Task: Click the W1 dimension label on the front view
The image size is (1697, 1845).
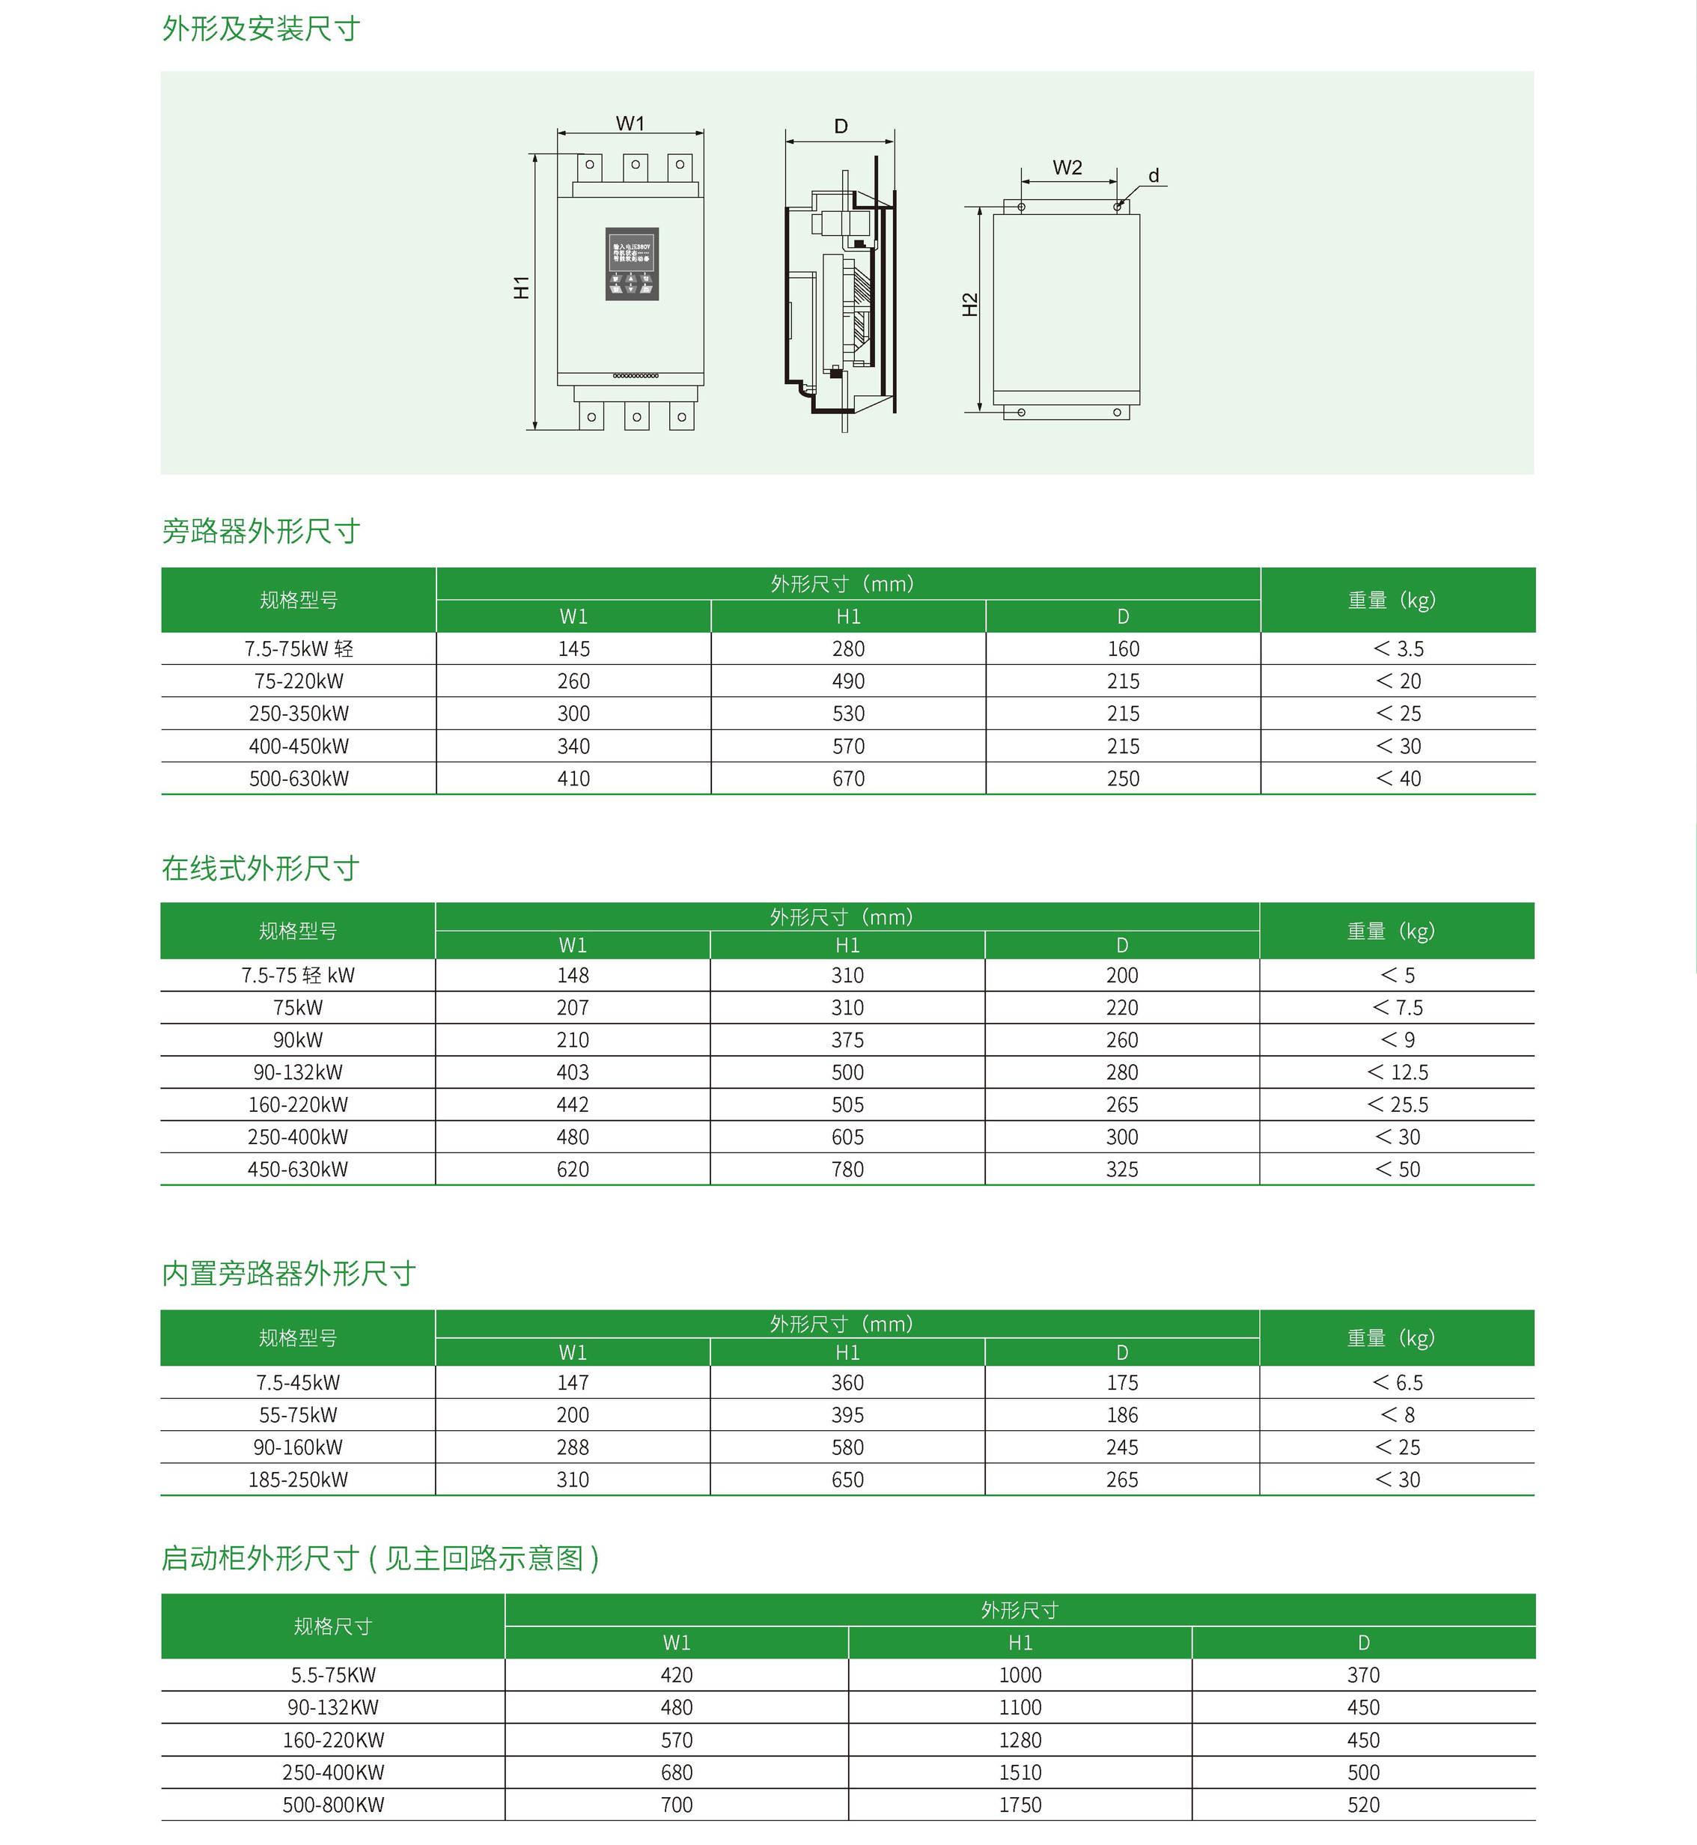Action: tap(630, 123)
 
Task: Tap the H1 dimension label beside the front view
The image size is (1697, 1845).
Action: tap(522, 288)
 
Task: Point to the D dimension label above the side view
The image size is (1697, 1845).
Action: tap(840, 126)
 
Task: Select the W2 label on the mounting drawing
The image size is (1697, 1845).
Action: tap(1067, 167)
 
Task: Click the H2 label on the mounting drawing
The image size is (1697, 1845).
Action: tap(969, 304)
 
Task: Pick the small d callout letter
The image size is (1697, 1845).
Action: tap(1154, 175)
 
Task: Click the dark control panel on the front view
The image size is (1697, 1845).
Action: tap(632, 264)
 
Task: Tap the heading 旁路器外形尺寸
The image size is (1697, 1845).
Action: tap(261, 531)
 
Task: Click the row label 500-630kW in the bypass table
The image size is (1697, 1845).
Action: tap(299, 779)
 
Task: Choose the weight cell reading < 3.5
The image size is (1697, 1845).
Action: tap(1398, 649)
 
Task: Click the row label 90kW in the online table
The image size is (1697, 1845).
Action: tap(297, 1039)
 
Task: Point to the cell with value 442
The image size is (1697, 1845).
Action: tap(572, 1104)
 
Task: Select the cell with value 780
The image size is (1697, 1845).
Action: tap(847, 1169)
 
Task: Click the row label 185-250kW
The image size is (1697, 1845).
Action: tap(297, 1480)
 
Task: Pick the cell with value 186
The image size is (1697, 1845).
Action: tap(1121, 1415)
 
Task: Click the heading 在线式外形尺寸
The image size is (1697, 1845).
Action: tap(261, 868)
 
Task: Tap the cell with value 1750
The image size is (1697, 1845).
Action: tap(1020, 1805)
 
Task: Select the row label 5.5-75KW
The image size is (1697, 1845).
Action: tap(332, 1675)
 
